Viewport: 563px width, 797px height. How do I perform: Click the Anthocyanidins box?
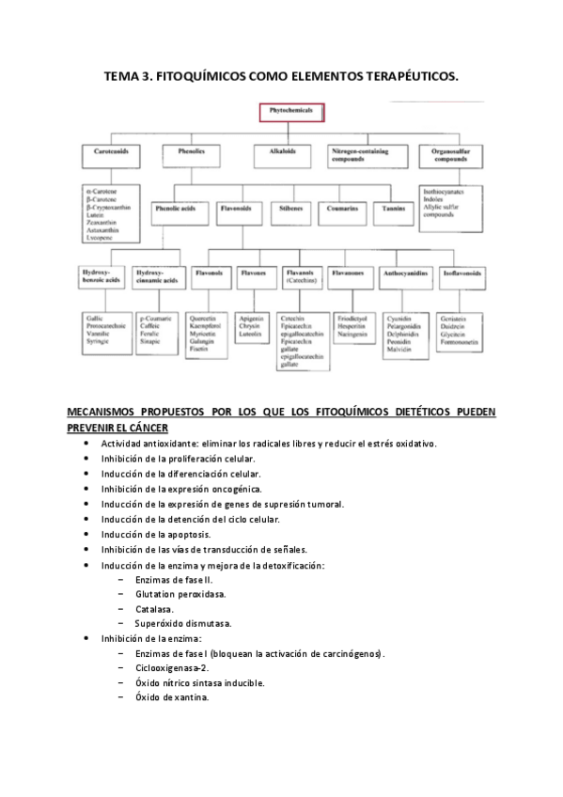pyautogui.click(x=406, y=277)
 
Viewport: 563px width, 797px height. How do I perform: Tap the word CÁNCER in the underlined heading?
pyautogui.click(x=141, y=428)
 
